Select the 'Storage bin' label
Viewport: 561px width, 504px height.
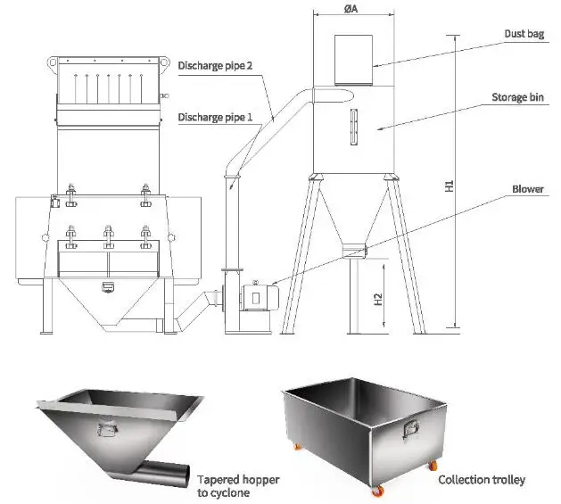point(518,97)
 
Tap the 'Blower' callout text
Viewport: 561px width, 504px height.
point(528,189)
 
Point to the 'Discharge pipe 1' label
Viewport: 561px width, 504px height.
point(215,117)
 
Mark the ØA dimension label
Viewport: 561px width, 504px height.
point(351,10)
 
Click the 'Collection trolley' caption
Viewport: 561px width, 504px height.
point(482,480)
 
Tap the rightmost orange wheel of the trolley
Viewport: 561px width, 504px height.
point(434,465)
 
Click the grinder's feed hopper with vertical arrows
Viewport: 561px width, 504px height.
point(110,90)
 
